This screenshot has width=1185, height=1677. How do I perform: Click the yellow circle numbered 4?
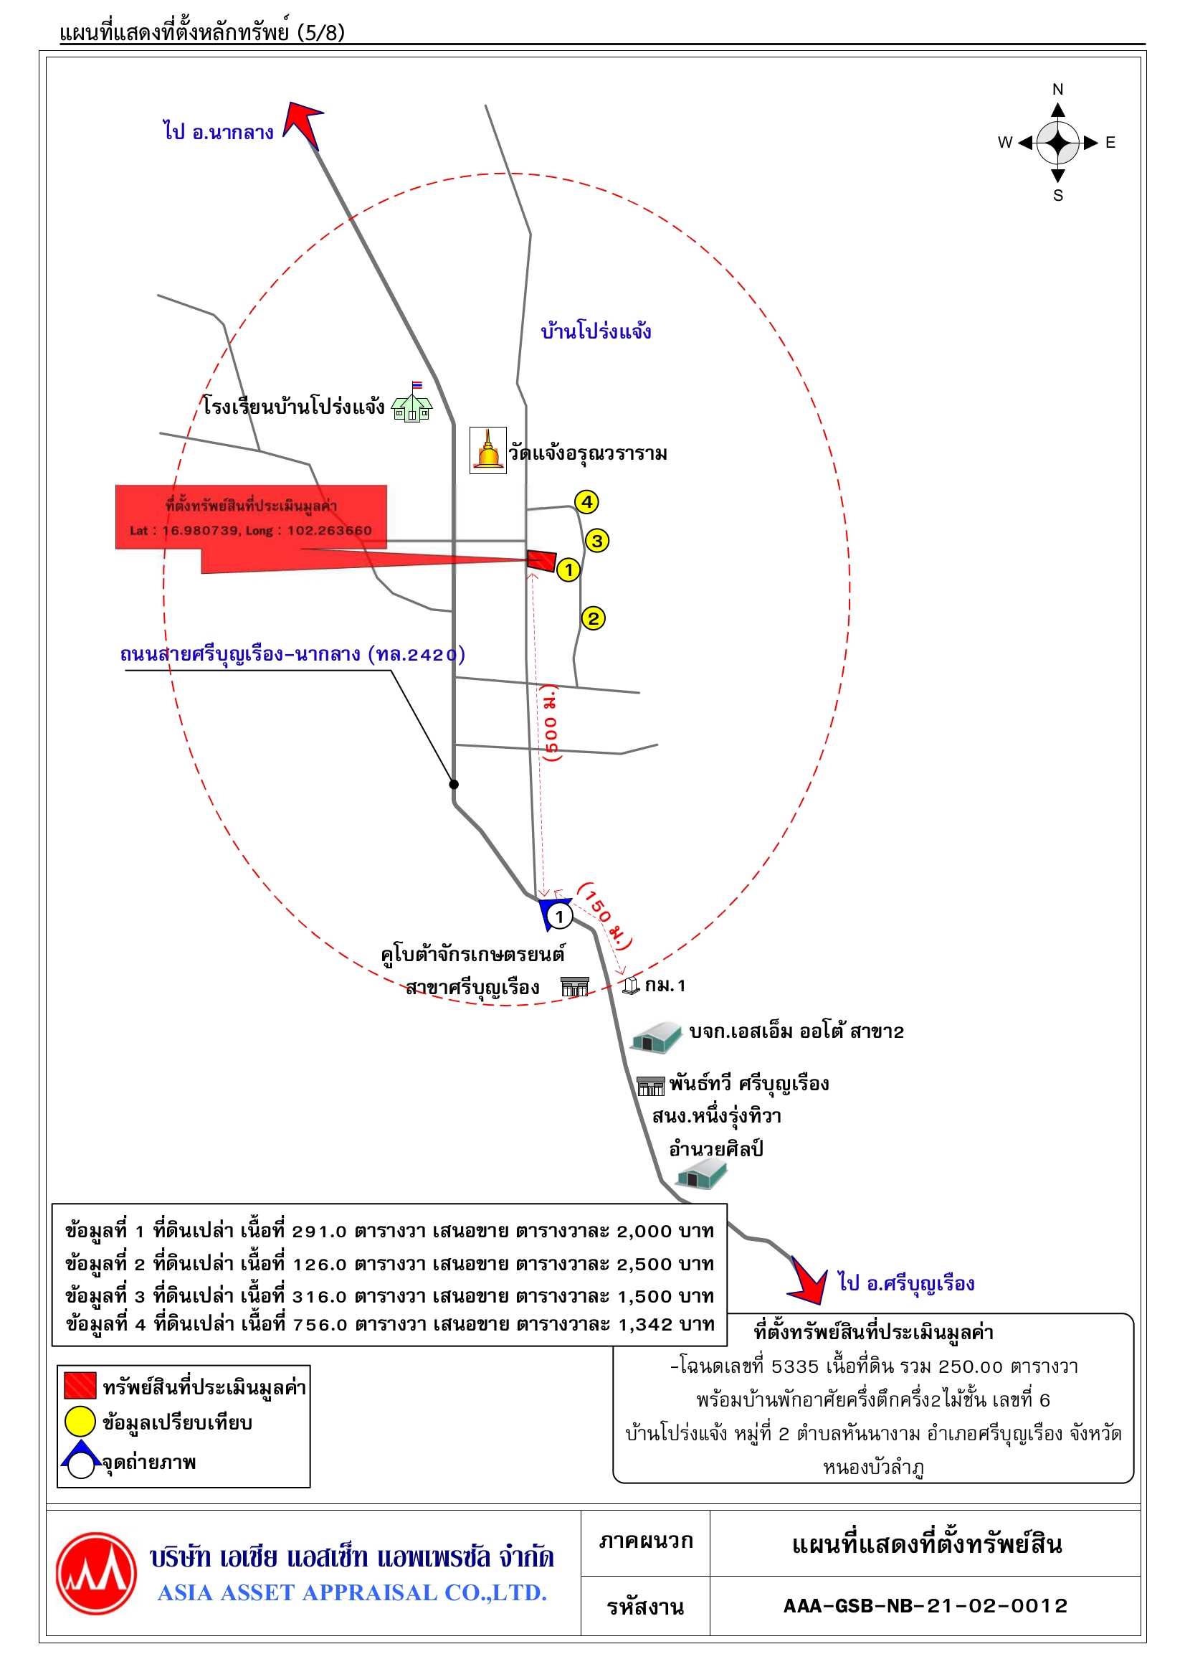pos(587,502)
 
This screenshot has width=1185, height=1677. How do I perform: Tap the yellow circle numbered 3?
pos(597,541)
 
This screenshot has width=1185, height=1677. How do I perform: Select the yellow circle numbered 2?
pos(593,618)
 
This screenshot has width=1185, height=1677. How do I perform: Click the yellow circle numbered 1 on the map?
pos(568,570)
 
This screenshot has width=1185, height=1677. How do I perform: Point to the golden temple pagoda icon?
pos(487,450)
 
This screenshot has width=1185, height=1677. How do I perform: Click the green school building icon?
pos(412,403)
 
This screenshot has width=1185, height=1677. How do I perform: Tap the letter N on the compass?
pos(1057,89)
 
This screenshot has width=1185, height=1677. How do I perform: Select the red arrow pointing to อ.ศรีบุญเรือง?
pos(809,1278)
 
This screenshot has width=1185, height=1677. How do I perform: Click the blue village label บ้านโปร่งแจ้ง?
pos(596,331)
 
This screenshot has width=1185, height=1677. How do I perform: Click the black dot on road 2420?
pos(453,784)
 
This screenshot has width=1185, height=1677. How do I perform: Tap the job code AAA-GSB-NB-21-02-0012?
pos(925,1605)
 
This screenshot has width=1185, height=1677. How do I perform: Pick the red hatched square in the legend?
pos(80,1387)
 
